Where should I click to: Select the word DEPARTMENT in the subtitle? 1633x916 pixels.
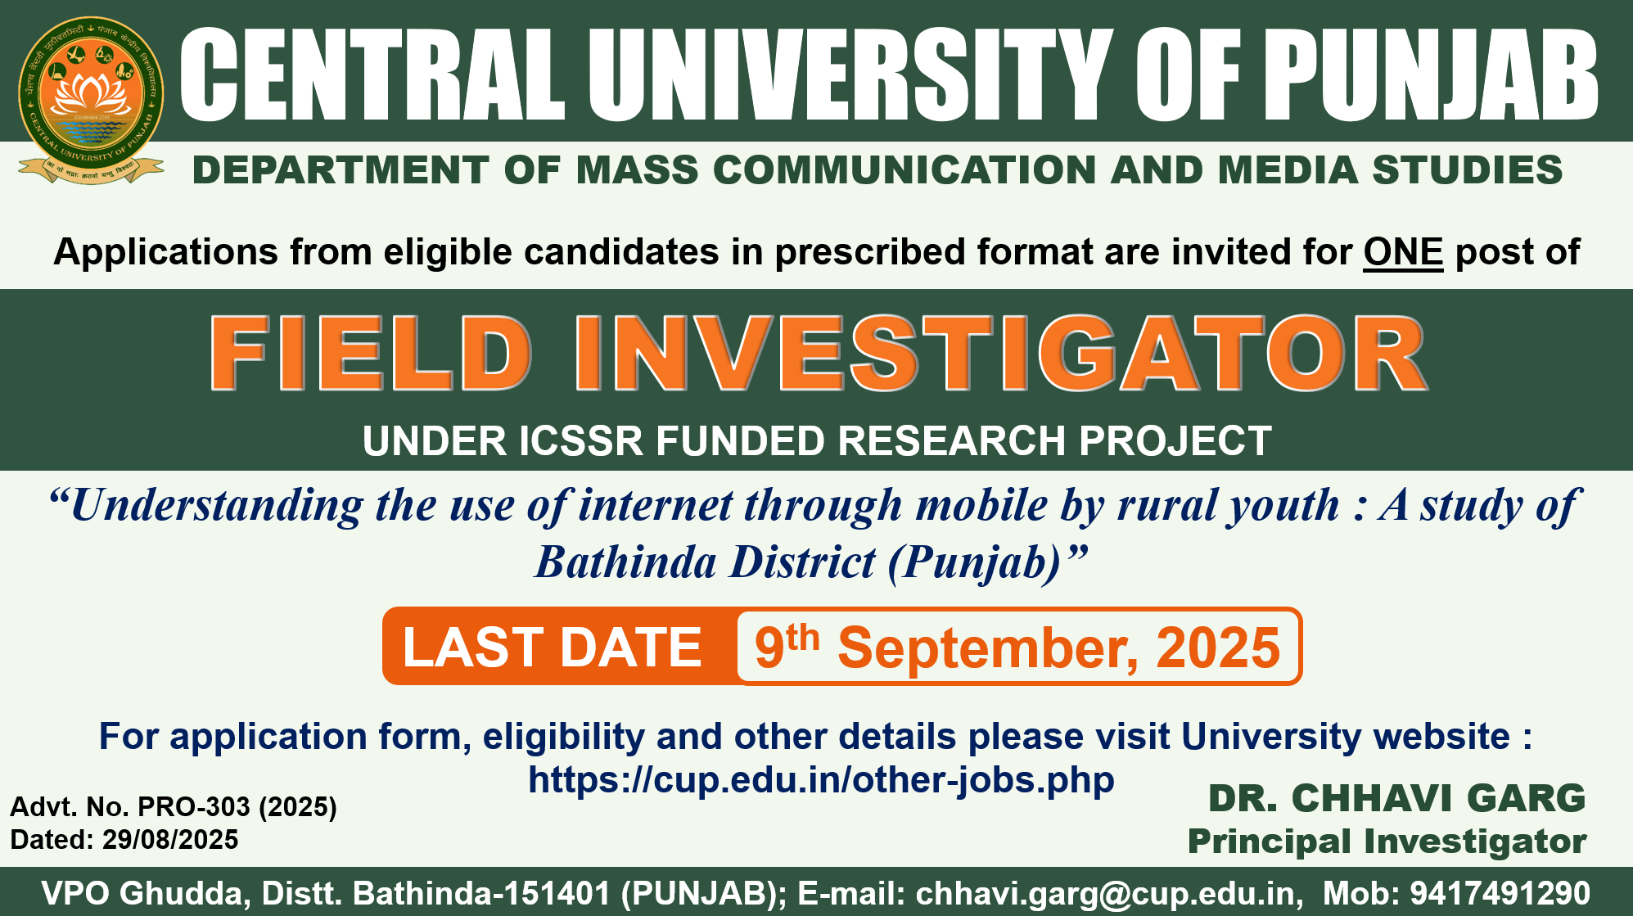pyautogui.click(x=341, y=170)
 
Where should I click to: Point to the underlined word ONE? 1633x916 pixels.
pyautogui.click(x=1403, y=251)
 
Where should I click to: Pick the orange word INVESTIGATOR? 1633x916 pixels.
pyautogui.click(x=1002, y=354)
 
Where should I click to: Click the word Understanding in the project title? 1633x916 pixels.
pyautogui.click(x=217, y=506)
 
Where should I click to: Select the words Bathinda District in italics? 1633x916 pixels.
pyautogui.click(x=705, y=562)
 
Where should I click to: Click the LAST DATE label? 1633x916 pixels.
pyautogui.click(x=552, y=648)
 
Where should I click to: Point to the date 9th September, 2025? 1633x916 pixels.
pyautogui.click(x=1017, y=647)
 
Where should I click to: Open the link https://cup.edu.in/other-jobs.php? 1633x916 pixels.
pyautogui.click(x=821, y=779)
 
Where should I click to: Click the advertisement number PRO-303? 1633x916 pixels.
pyautogui.click(x=194, y=807)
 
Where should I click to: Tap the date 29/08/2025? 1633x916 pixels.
pyautogui.click(x=170, y=840)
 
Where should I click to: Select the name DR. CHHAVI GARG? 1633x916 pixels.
pyautogui.click(x=1396, y=798)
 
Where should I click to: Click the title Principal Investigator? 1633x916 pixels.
pyautogui.click(x=1387, y=842)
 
